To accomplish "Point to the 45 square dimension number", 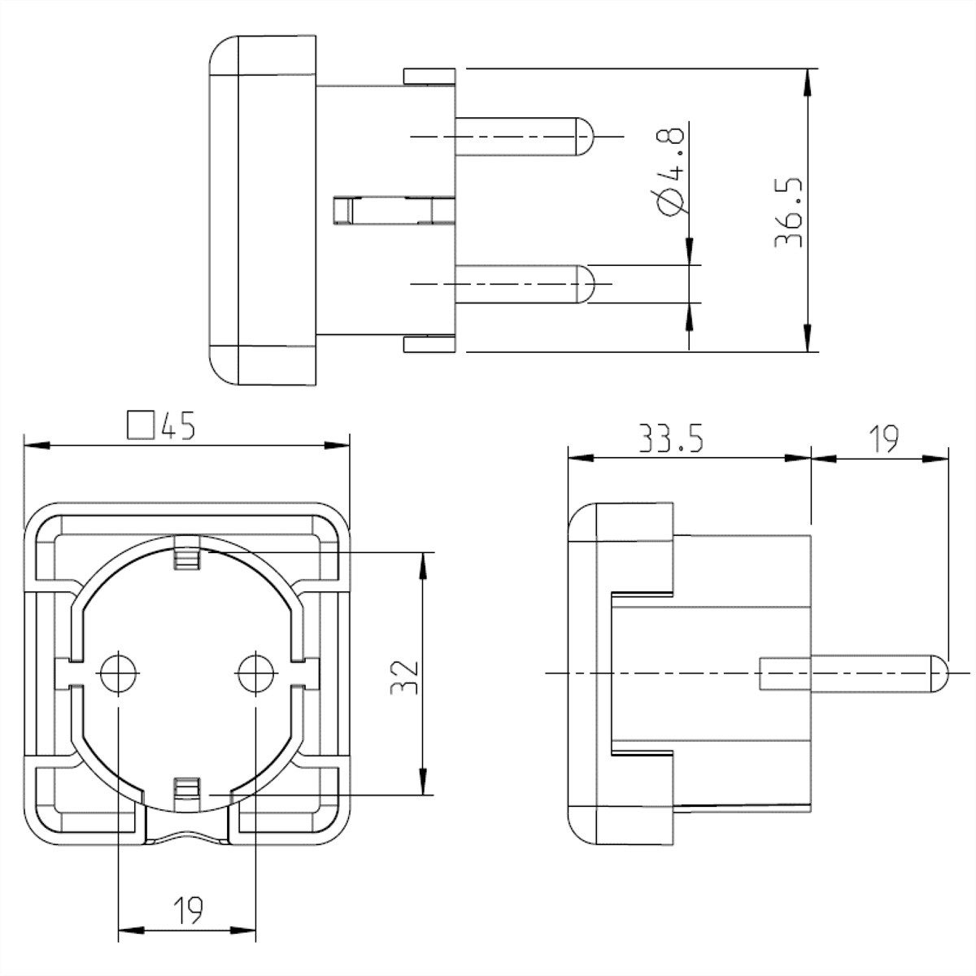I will pos(177,425).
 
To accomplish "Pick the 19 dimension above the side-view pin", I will pos(881,440).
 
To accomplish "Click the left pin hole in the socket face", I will pos(119,672).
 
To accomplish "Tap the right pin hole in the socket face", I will pos(255,672).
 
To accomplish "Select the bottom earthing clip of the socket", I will pos(186,791).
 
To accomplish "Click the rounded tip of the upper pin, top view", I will pos(586,136).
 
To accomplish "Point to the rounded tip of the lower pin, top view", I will pos(586,284).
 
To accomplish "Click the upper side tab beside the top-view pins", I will pos(429,76).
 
